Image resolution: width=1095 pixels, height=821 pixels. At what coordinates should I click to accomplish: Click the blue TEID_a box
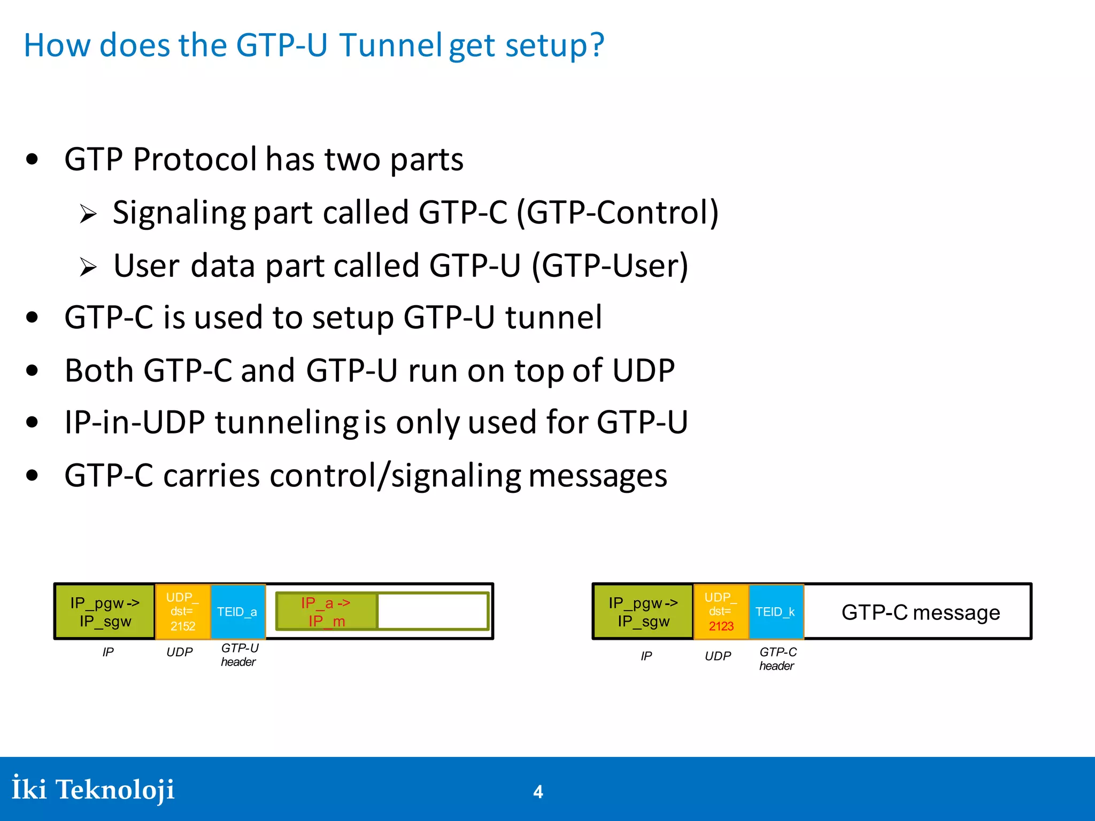[238, 611]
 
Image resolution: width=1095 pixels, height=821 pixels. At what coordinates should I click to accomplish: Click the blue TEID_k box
[776, 611]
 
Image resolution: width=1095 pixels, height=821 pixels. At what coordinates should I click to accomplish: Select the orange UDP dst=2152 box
[182, 611]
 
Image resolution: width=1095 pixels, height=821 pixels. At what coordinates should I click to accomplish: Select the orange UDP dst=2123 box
[721, 611]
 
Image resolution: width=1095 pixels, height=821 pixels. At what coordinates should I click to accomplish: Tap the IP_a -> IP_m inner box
[326, 611]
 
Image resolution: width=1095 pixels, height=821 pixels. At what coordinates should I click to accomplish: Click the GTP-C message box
[920, 612]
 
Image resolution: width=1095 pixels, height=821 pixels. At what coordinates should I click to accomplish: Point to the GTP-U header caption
[239, 655]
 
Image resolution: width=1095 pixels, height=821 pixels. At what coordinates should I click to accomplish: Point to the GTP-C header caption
[777, 659]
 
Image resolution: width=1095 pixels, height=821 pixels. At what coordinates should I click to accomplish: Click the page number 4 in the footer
[538, 792]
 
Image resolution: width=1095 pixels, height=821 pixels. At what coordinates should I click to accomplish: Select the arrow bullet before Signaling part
[88, 215]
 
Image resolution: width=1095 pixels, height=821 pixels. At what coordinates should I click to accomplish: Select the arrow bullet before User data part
[88, 267]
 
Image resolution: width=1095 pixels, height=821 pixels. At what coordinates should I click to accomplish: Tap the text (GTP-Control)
[618, 213]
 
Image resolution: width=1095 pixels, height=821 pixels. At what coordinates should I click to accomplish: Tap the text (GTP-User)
[610, 266]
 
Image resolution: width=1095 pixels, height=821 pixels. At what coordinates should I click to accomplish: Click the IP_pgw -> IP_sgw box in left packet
[105, 611]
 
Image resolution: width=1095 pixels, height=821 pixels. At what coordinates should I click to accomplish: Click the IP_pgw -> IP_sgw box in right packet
[643, 611]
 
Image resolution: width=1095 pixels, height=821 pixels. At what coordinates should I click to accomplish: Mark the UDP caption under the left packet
[180, 652]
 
